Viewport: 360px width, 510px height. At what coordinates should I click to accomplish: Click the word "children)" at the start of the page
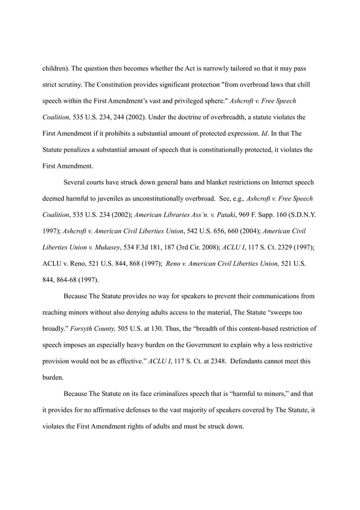coord(58,68)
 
